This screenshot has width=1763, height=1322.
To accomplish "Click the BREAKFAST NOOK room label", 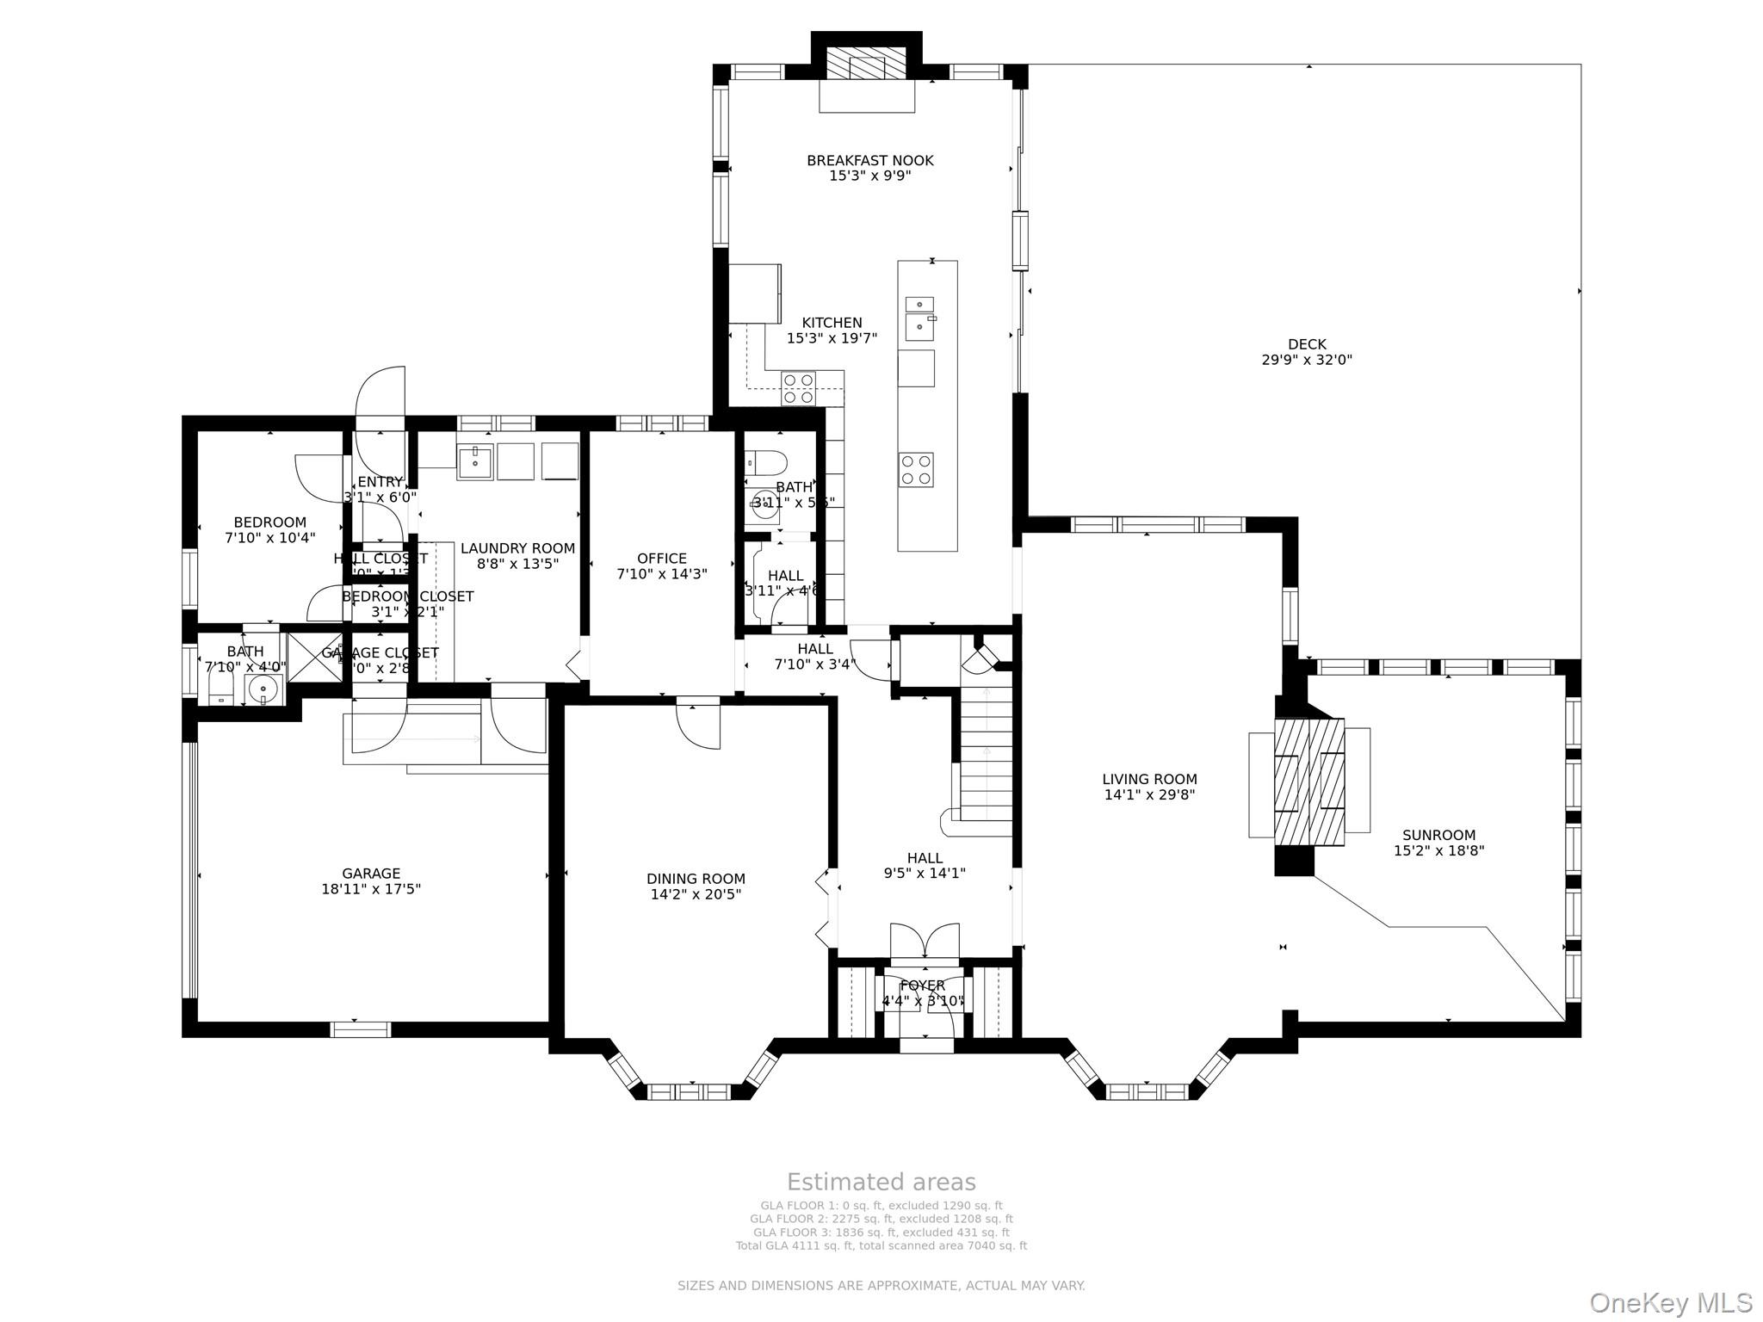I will tap(869, 161).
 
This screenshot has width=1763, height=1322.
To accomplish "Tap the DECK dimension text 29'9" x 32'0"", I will tap(1306, 361).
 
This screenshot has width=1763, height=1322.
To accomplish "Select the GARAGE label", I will tap(371, 874).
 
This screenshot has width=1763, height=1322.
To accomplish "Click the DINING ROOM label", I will tap(696, 879).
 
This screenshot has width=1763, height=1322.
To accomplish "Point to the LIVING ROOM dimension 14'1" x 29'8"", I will tap(1149, 795).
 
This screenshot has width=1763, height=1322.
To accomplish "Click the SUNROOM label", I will tap(1438, 835).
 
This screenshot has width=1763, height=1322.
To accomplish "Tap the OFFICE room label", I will tap(662, 559).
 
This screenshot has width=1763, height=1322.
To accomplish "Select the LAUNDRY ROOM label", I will tap(517, 548).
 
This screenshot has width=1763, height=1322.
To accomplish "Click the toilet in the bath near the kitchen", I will tap(765, 463).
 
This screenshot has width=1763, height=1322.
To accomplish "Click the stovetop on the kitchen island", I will tap(916, 470).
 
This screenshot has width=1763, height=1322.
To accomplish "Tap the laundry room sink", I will tap(474, 461).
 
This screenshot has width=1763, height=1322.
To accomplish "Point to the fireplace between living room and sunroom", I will tap(1308, 781).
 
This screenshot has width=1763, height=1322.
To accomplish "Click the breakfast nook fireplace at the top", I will tap(866, 65).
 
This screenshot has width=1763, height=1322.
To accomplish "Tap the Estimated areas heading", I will tap(881, 1182).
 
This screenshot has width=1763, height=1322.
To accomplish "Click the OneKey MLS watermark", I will tap(1670, 1302).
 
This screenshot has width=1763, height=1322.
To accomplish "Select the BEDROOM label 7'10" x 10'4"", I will tap(269, 522).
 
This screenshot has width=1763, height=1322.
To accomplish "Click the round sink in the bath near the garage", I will tap(263, 688).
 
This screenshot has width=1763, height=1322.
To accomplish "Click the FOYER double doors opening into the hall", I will tap(925, 941).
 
